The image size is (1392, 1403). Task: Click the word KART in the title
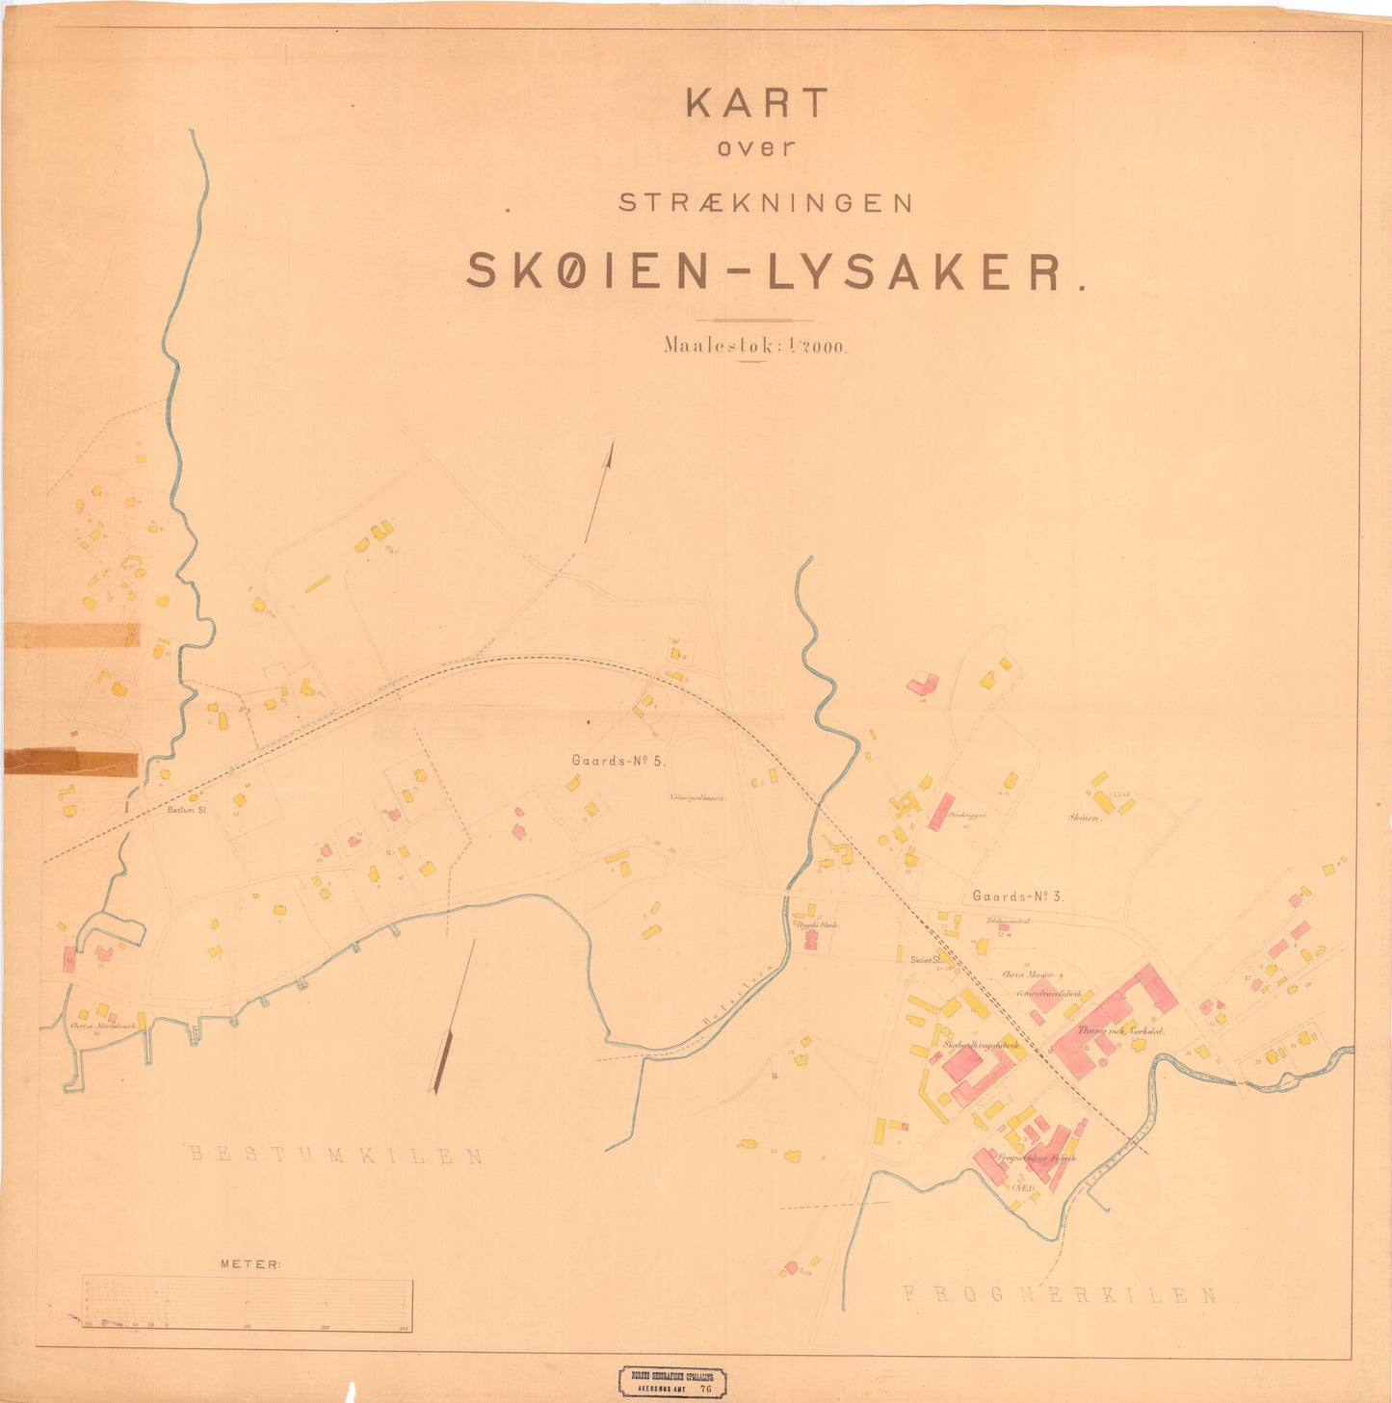[756, 104]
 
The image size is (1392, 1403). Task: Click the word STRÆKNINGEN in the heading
[765, 203]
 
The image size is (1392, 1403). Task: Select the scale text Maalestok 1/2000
[754, 346]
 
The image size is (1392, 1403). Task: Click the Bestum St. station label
[188, 810]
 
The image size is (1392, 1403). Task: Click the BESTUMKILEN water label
[336, 1156]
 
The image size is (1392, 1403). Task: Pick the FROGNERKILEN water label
[1060, 1295]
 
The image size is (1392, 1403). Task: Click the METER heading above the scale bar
[250, 1263]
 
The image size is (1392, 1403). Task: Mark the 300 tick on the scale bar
[405, 1329]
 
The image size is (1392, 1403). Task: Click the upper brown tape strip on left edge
[72, 635]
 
